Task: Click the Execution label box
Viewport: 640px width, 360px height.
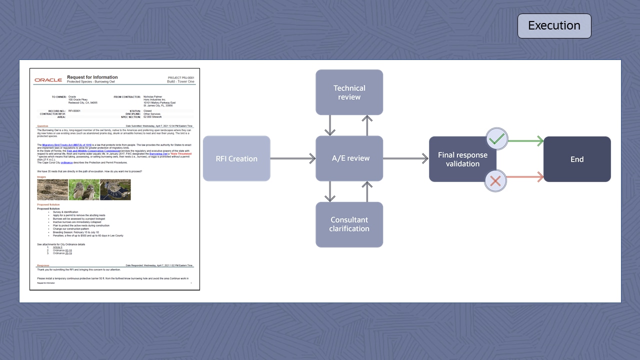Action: (x=554, y=26)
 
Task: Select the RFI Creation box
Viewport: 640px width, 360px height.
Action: (x=236, y=158)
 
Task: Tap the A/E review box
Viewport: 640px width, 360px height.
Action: (x=349, y=158)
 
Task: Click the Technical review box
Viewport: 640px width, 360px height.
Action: (x=349, y=92)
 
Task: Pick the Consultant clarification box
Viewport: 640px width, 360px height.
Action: (x=349, y=224)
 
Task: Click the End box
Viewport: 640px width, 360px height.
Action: (x=577, y=159)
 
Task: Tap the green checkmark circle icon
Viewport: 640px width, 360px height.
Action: (x=496, y=139)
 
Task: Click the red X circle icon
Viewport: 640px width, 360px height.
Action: (x=495, y=180)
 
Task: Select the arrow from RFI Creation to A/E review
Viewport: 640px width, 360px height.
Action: (x=293, y=158)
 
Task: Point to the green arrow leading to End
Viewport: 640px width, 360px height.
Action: (x=525, y=141)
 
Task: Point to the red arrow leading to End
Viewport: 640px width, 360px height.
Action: (x=525, y=176)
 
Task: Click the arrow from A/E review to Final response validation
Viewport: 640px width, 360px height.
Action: (x=405, y=158)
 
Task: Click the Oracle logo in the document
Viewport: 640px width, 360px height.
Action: (x=48, y=80)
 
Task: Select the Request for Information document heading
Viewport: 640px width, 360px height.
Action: (x=92, y=77)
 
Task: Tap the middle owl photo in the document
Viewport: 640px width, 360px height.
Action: (x=83, y=190)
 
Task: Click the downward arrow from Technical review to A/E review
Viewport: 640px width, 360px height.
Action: (x=330, y=125)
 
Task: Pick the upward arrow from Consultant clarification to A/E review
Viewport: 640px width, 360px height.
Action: (x=367, y=191)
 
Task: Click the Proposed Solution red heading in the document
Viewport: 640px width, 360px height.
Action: (x=48, y=204)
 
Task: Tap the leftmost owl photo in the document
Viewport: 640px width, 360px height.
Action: (x=52, y=190)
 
